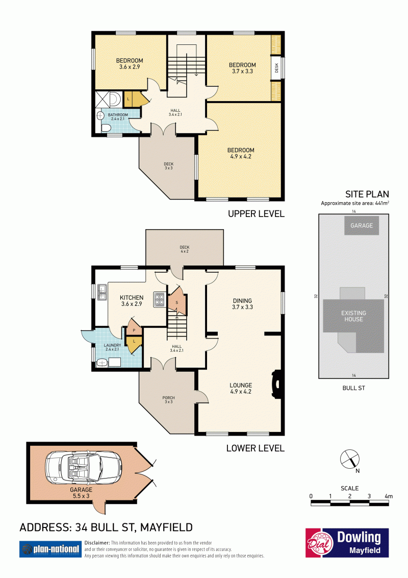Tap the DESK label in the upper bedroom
pos(276,68)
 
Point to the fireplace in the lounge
pos(276,384)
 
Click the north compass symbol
pos(349,460)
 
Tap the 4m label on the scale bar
pos(389,496)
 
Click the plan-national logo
pos(50,549)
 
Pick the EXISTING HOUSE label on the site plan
pos(353,316)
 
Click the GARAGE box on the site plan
pos(362,226)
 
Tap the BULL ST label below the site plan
pos(353,388)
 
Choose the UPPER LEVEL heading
pos(257,214)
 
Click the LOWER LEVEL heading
pos(256,448)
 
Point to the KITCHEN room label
pos(132,298)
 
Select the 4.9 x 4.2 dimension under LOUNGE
pos(241,392)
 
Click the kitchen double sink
pos(102,292)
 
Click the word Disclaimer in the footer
pos(97,543)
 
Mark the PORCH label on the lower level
pos(169,398)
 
